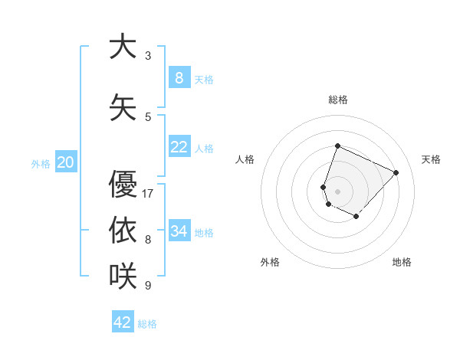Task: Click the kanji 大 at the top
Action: [x=123, y=47]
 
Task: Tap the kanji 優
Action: [x=123, y=185]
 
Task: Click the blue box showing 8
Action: [x=179, y=77]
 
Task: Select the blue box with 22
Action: [x=179, y=147]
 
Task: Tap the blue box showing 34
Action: [x=179, y=231]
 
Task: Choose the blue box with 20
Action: [x=66, y=162]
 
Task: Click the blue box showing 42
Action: [x=123, y=322]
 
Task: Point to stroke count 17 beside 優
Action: [x=149, y=193]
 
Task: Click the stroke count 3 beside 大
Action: [x=148, y=56]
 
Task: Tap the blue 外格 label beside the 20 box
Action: [x=41, y=163]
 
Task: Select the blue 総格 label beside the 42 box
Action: [x=147, y=323]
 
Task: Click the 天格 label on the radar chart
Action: [x=431, y=159]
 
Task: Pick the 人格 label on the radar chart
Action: [x=245, y=159]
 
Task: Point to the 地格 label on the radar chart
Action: [x=402, y=262]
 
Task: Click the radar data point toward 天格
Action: [x=396, y=172]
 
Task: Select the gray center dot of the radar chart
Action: [x=337, y=191]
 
